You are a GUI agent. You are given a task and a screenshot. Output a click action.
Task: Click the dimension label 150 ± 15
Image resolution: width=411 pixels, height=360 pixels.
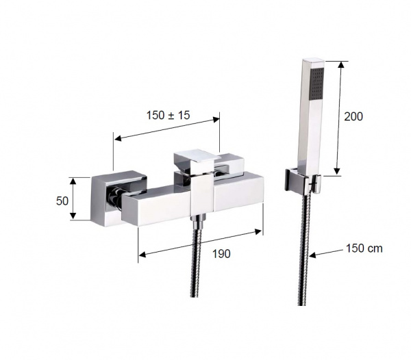[168, 115]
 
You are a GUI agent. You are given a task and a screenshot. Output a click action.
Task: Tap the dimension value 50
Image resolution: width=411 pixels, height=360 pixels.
[62, 201]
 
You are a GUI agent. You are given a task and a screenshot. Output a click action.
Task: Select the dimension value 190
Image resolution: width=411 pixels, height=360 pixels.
[221, 254]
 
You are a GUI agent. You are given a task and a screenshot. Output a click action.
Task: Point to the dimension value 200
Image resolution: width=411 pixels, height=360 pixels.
[353, 116]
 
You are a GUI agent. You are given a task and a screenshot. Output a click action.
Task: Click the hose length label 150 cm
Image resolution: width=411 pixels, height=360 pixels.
[364, 248]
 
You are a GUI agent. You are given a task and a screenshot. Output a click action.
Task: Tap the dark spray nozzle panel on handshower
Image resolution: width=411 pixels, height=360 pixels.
[317, 84]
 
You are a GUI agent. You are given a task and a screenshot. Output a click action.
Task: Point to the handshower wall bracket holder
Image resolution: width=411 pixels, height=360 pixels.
[303, 182]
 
